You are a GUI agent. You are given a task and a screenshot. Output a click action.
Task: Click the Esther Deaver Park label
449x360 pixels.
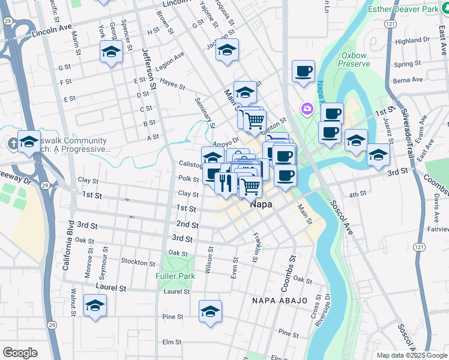(x=403, y=9)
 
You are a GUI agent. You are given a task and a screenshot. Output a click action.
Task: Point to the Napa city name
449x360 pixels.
(x=261, y=205)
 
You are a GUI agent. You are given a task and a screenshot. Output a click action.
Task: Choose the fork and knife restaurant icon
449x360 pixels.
(x=226, y=183)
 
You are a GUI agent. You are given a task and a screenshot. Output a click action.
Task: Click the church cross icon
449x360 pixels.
(x=13, y=143)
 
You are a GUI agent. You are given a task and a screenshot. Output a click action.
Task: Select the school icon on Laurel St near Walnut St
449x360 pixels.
(x=95, y=306)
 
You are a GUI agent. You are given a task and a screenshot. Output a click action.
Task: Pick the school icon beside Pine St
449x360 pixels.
(x=210, y=311)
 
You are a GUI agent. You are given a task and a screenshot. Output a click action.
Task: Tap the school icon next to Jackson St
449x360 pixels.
(x=227, y=50)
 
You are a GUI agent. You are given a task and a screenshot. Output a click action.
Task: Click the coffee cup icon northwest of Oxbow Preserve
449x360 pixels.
(x=304, y=71)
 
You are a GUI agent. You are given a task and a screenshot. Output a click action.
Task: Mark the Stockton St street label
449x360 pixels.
(x=138, y=262)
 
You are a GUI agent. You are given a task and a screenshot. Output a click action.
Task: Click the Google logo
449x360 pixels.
(x=20, y=353)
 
